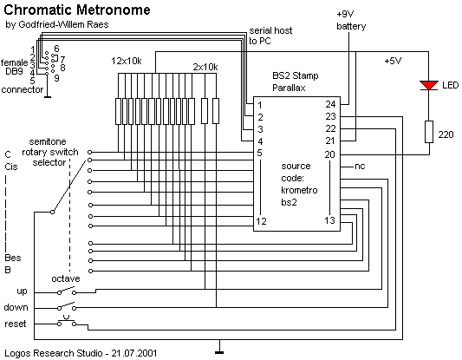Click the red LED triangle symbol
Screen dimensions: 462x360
[x=429, y=86]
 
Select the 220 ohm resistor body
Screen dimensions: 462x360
[x=429, y=132]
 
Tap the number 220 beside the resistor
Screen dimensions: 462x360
[x=446, y=134]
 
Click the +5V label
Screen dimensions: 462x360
[x=393, y=61]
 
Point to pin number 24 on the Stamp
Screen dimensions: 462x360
[x=330, y=104]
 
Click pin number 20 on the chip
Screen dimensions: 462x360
[x=330, y=154]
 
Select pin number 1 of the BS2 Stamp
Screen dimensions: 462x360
[x=259, y=105]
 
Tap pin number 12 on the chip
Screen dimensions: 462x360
[x=262, y=221]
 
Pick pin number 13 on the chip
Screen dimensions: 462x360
[x=330, y=220]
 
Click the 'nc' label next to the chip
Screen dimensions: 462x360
[x=360, y=167]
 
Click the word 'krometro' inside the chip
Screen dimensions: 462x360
[x=299, y=190]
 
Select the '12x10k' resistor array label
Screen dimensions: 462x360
[x=127, y=61]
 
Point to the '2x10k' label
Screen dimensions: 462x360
[x=205, y=67]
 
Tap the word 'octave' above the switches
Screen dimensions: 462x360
[x=66, y=278]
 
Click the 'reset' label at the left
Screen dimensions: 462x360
[x=16, y=324]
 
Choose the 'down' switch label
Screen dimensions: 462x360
[x=16, y=307]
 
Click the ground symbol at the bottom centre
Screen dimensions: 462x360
[x=219, y=352]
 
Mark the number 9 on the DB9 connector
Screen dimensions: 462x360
[x=56, y=78]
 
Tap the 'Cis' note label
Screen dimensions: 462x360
[x=11, y=167]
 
